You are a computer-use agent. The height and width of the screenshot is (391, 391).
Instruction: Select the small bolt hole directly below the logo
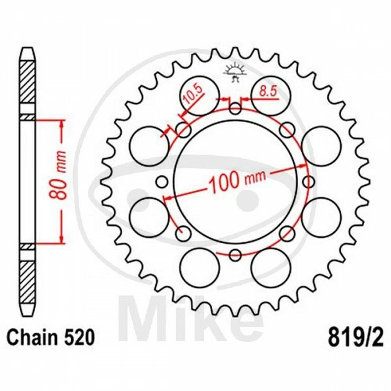(x=235, y=108)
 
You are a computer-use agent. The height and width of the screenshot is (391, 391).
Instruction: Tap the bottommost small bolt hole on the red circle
(x=235, y=255)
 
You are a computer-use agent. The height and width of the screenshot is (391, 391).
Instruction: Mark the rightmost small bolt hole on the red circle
(x=308, y=182)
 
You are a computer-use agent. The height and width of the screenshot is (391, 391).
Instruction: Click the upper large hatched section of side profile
(x=27, y=82)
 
